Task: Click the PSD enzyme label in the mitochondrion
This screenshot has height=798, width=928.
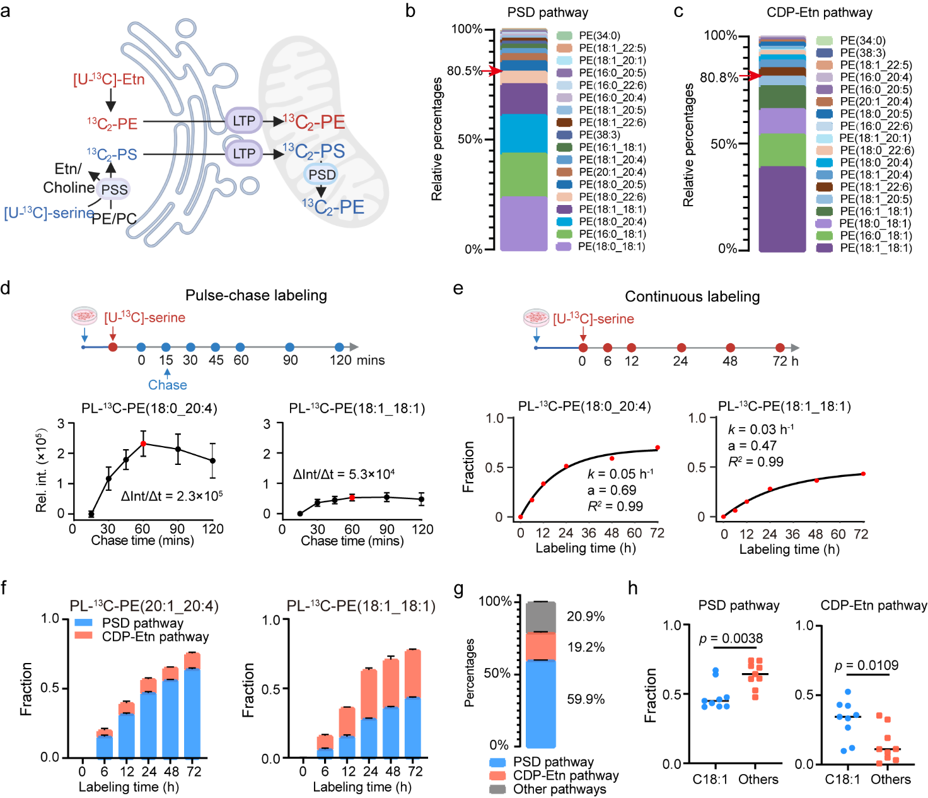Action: [322, 175]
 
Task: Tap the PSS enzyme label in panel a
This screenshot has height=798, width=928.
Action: [114, 189]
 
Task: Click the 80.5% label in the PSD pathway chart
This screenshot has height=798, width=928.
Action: [465, 71]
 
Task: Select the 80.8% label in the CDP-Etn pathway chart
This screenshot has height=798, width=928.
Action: [719, 78]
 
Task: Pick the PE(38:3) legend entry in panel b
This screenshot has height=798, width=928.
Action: [599, 135]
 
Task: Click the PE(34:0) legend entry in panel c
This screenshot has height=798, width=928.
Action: [862, 41]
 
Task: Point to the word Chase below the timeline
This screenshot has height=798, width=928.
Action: [167, 385]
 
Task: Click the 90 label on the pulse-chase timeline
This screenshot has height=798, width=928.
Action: [290, 360]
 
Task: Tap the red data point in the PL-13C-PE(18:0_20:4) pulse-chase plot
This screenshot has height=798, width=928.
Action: [143, 444]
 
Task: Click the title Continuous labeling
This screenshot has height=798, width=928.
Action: [692, 296]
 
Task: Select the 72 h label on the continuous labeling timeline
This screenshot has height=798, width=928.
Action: [786, 361]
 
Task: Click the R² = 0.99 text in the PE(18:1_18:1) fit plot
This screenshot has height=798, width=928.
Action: [756, 462]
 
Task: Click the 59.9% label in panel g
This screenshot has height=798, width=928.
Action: [586, 699]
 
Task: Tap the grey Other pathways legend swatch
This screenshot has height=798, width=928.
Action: [497, 789]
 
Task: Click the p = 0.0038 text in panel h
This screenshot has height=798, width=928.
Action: [731, 638]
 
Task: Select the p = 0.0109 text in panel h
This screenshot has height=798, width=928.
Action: [866, 666]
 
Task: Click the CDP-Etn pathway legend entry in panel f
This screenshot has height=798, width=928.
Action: [155, 637]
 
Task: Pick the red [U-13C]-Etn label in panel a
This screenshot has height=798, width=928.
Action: [109, 79]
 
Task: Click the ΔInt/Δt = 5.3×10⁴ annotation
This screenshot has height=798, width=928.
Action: [344, 474]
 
